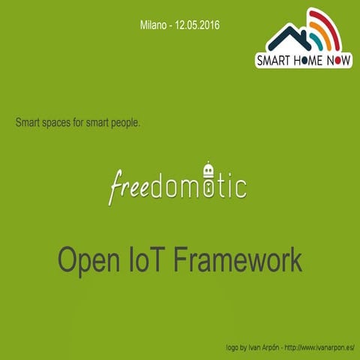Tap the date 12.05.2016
pos(199,25)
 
